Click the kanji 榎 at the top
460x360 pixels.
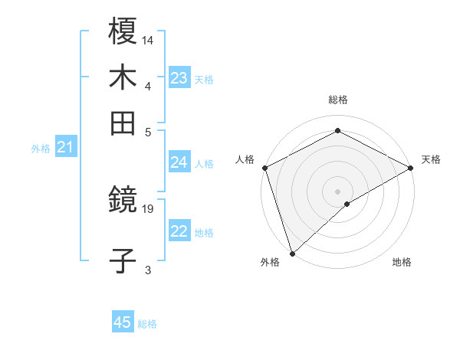pyautogui.click(x=123, y=32)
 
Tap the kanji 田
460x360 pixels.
pyautogui.click(x=123, y=123)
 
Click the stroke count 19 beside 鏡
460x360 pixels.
pyautogui.click(x=149, y=208)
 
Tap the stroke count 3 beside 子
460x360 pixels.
pyautogui.click(x=148, y=269)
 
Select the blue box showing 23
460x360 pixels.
pyautogui.click(x=179, y=78)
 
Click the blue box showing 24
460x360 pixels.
pyautogui.click(x=179, y=162)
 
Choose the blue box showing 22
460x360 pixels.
pyautogui.click(x=179, y=232)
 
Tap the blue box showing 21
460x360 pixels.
pyautogui.click(x=65, y=147)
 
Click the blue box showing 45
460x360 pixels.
pyautogui.click(x=123, y=322)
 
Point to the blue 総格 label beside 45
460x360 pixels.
pyautogui.click(x=148, y=324)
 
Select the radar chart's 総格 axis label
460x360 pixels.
pyautogui.click(x=338, y=100)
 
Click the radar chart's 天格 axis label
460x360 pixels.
pyautogui.click(x=431, y=159)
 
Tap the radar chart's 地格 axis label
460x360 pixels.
pyautogui.click(x=402, y=263)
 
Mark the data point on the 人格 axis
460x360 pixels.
pyautogui.click(x=264, y=168)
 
